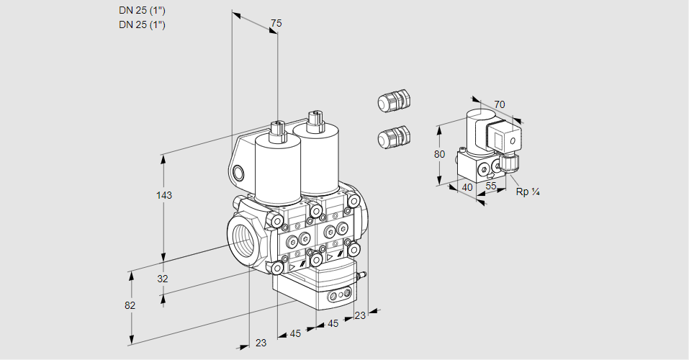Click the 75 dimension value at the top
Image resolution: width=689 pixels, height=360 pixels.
[276, 24]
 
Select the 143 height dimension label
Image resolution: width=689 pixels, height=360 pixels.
[165, 195]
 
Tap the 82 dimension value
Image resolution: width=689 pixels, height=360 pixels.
[130, 305]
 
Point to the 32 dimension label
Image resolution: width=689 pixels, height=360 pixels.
[163, 279]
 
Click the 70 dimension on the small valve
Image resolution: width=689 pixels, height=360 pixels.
[500, 104]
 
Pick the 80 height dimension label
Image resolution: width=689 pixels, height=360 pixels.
[440, 154]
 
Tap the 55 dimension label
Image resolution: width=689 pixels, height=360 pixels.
[492, 186]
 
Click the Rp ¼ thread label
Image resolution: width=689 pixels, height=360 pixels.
[528, 192]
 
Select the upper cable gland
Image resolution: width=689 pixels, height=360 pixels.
[393, 100]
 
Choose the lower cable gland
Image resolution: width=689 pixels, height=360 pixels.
[393, 136]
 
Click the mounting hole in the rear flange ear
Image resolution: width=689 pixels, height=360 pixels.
[238, 172]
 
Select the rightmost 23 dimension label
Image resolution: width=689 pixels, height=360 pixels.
[360, 315]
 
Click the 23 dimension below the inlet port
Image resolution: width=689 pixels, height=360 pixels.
[261, 343]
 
